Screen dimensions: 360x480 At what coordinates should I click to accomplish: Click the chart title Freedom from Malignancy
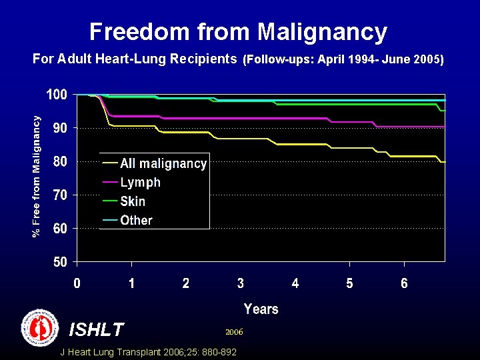(238, 32)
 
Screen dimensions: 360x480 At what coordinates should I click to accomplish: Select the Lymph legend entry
(140, 182)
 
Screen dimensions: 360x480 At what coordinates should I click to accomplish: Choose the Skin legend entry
(133, 201)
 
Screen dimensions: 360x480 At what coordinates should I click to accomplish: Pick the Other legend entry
(136, 220)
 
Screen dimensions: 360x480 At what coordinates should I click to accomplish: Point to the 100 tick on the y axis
(56, 95)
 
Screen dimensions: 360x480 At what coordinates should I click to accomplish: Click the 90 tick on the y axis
(59, 127)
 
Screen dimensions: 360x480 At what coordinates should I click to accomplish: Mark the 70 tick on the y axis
(59, 195)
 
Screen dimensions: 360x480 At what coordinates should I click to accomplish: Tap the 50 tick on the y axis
(59, 261)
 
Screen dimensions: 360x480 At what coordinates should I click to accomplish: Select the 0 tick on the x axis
(77, 283)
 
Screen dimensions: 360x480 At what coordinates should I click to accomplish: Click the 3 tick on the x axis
(240, 283)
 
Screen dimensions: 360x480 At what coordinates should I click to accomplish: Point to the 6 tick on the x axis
(404, 283)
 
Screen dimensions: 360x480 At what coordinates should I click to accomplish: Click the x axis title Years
(261, 309)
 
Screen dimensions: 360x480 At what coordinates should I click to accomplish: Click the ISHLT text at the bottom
(96, 329)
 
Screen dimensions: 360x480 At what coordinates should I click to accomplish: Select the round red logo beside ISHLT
(40, 327)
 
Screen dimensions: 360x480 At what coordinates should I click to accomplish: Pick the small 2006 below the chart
(234, 331)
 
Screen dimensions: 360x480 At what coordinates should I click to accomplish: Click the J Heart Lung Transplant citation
(148, 352)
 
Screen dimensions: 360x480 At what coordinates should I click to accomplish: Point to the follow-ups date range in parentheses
(343, 59)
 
